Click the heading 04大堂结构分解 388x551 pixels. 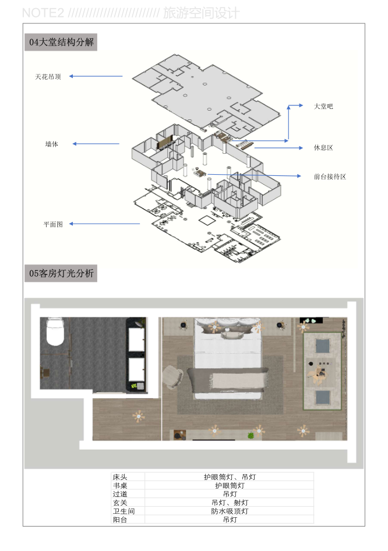click(x=61, y=42)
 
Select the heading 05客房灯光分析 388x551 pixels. click(x=61, y=273)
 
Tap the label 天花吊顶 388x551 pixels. click(x=48, y=77)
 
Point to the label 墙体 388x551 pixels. click(x=52, y=144)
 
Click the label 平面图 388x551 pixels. click(x=53, y=224)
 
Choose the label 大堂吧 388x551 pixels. click(x=323, y=106)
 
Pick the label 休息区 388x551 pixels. click(x=323, y=147)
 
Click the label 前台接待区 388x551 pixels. click(x=330, y=176)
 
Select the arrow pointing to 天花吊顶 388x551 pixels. click(x=96, y=76)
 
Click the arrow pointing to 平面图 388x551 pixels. click(x=104, y=224)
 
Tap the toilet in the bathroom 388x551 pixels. click(x=55, y=331)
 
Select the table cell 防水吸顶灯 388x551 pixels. click(x=230, y=511)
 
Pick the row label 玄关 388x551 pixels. click(x=120, y=503)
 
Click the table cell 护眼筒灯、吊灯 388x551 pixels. click(x=230, y=477)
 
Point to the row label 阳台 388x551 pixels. click(x=120, y=520)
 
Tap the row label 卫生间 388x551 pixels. click(x=124, y=511)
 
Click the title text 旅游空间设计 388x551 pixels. click(x=202, y=13)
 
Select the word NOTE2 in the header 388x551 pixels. click(x=43, y=13)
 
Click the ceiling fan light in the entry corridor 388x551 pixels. click(x=139, y=416)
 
